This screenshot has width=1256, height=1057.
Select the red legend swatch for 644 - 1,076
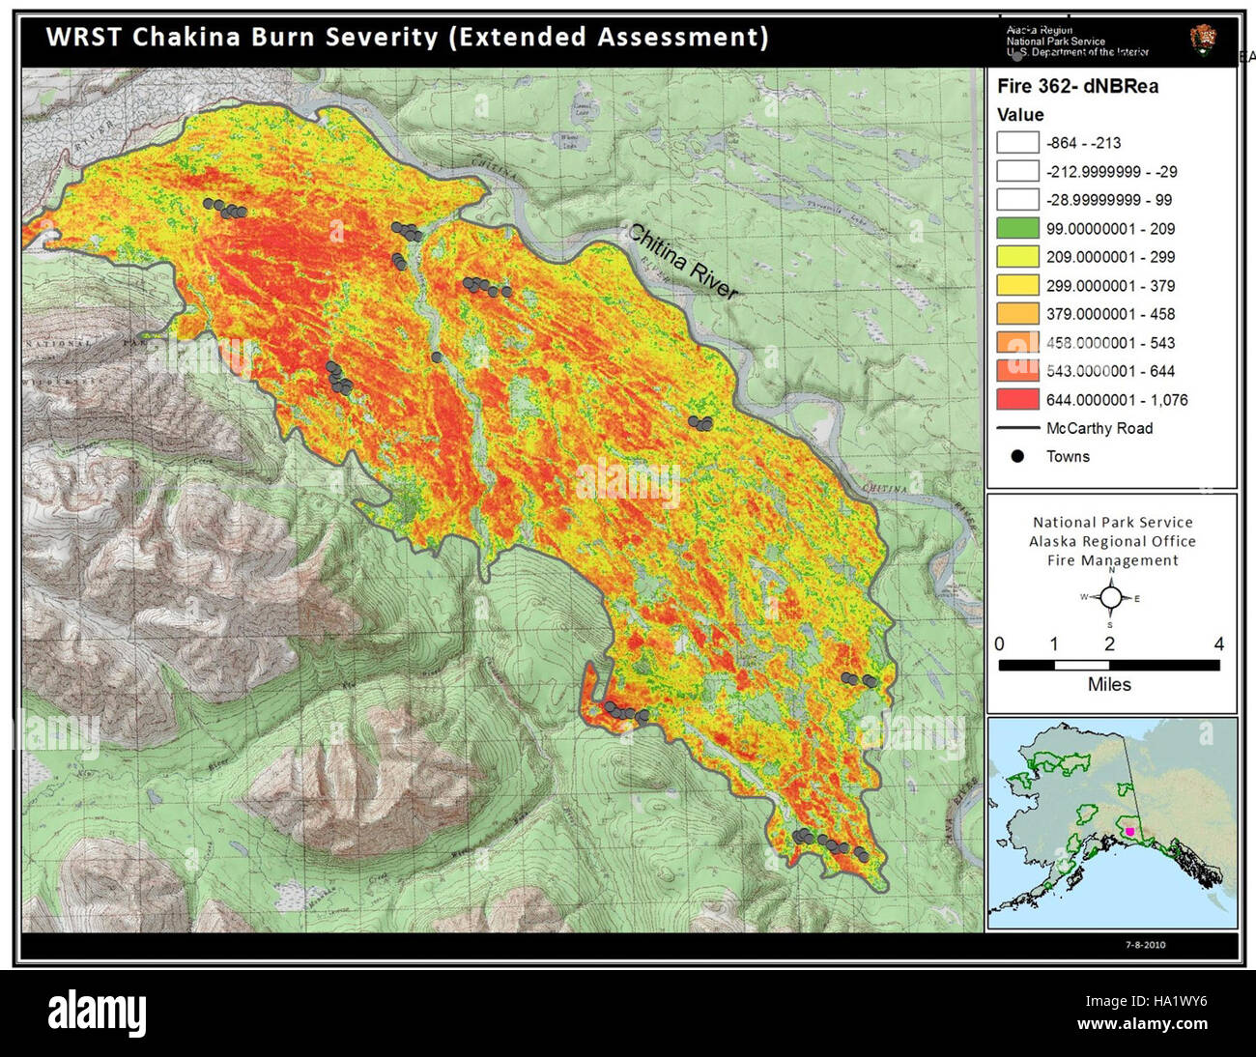tap(1017, 399)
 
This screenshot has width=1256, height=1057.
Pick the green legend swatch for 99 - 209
tap(1017, 229)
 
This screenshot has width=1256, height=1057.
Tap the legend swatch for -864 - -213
tap(1017, 143)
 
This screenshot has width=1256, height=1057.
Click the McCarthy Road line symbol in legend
tap(1017, 428)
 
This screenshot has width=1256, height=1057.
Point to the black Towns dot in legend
tap(1017, 456)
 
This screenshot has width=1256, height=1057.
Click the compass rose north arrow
tap(1111, 597)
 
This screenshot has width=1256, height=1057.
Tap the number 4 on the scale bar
tap(1218, 644)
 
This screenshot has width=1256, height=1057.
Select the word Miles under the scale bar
tap(1109, 684)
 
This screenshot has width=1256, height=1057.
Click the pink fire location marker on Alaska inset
tap(1130, 831)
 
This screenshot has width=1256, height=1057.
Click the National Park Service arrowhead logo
tap(1203, 41)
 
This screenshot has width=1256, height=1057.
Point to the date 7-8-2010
tap(1145, 945)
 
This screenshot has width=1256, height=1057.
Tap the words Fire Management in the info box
tap(1112, 560)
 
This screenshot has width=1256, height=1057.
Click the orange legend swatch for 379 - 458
tap(1017, 314)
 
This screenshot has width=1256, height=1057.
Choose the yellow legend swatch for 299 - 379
tap(1017, 286)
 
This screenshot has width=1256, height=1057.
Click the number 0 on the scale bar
tap(999, 644)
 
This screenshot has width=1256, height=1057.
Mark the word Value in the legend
tap(1020, 114)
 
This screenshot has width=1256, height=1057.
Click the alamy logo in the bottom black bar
tap(98, 1014)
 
